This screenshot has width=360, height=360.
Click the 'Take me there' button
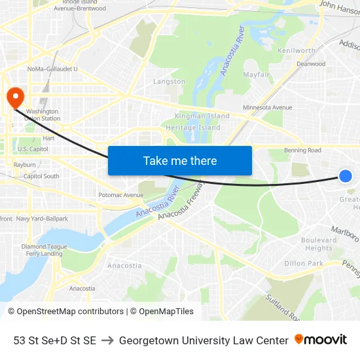[180, 160]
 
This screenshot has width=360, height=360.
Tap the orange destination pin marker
[14, 98]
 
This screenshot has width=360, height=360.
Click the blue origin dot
[346, 175]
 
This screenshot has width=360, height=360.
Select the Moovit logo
[320, 340]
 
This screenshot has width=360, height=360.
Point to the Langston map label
[169, 82]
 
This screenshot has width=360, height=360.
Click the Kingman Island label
[202, 116]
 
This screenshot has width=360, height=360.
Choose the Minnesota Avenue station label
[267, 107]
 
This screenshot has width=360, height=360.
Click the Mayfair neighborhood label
[257, 75]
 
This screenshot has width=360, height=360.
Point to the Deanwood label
[311, 64]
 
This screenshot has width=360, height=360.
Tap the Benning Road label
[302, 151]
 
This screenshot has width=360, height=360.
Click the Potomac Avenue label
[120, 195]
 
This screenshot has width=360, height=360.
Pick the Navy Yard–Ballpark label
[42, 219]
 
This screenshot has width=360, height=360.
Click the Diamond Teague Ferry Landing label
[44, 250]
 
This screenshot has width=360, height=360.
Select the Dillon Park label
[304, 263]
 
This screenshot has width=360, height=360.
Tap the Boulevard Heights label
[319, 244]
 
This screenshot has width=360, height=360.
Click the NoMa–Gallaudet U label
[52, 69]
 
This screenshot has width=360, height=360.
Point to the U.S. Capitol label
[33, 149]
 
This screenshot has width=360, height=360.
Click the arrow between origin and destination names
[107, 340]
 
